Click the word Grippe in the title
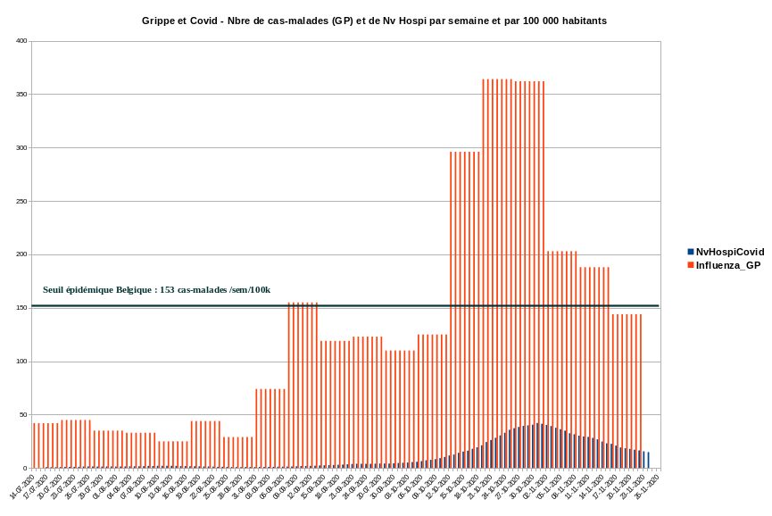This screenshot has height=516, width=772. pos(162,19)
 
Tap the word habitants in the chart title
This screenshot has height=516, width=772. pos(577,19)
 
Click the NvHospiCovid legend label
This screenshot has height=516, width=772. pos(730,253)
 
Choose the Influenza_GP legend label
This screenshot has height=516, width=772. pos(728,265)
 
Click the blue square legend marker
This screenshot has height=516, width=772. pos(691,253)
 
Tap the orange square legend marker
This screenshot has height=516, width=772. pos(691,265)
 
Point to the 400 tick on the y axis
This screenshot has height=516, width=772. pos(21,41)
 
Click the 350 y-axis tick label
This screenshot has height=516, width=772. pos(21,95)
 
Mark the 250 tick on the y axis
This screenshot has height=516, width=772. pos(21,202)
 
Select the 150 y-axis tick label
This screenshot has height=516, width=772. pos(21,308)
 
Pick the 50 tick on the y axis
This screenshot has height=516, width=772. pos(23,415)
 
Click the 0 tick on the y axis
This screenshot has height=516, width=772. pos(26,469)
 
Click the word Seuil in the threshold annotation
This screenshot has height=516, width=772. pos(55,290)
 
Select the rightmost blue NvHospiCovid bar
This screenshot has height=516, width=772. pos(648,461)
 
